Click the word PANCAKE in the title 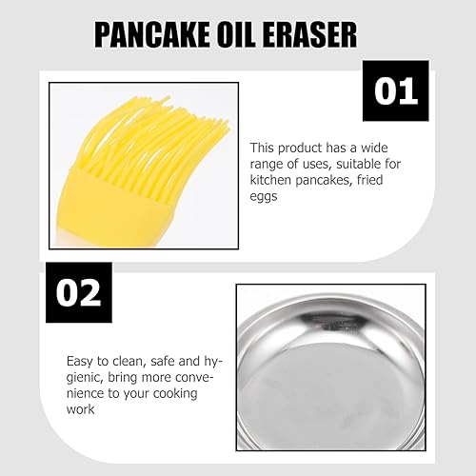[x=152, y=35]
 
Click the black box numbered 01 [x=396, y=90]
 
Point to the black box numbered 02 [x=79, y=292]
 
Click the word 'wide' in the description [x=374, y=148]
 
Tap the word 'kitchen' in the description [x=270, y=180]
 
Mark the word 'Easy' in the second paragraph [x=80, y=362]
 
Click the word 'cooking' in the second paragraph [x=175, y=394]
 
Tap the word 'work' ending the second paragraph [x=80, y=409]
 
